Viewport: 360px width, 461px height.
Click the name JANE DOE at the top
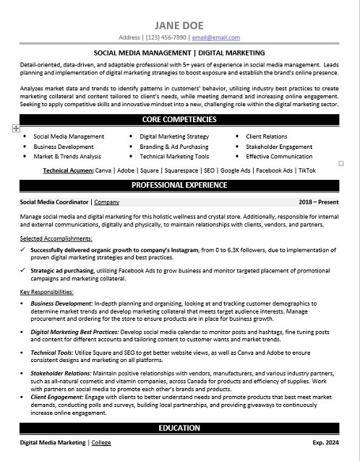(x=179, y=22)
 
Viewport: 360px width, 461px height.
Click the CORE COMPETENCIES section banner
(x=179, y=119)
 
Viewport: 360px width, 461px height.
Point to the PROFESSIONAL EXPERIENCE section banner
(x=179, y=185)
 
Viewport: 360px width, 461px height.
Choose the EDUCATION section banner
(x=179, y=428)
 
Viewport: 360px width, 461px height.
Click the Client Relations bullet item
(x=266, y=136)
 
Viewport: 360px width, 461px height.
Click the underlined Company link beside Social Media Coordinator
(x=107, y=202)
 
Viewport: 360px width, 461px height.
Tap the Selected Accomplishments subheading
(x=51, y=238)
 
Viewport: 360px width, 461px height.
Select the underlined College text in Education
(x=103, y=441)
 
